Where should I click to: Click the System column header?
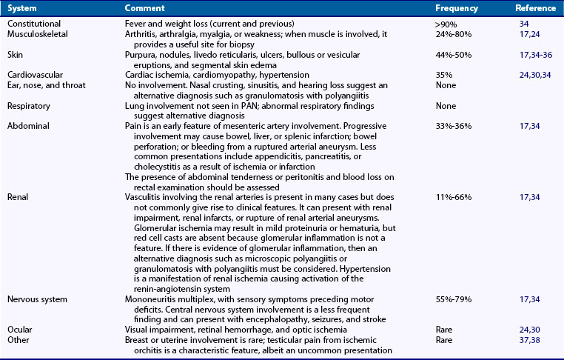[23, 7]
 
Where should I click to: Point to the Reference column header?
[536, 7]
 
